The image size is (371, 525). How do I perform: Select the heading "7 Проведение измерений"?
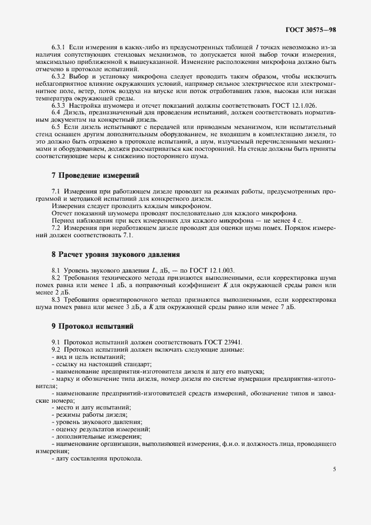91,176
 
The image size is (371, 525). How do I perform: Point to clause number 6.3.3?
59,105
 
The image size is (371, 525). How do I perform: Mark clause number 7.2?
56,227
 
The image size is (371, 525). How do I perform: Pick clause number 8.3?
56,300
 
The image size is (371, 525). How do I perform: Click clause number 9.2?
56,349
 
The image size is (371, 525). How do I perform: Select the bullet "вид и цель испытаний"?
90,357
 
